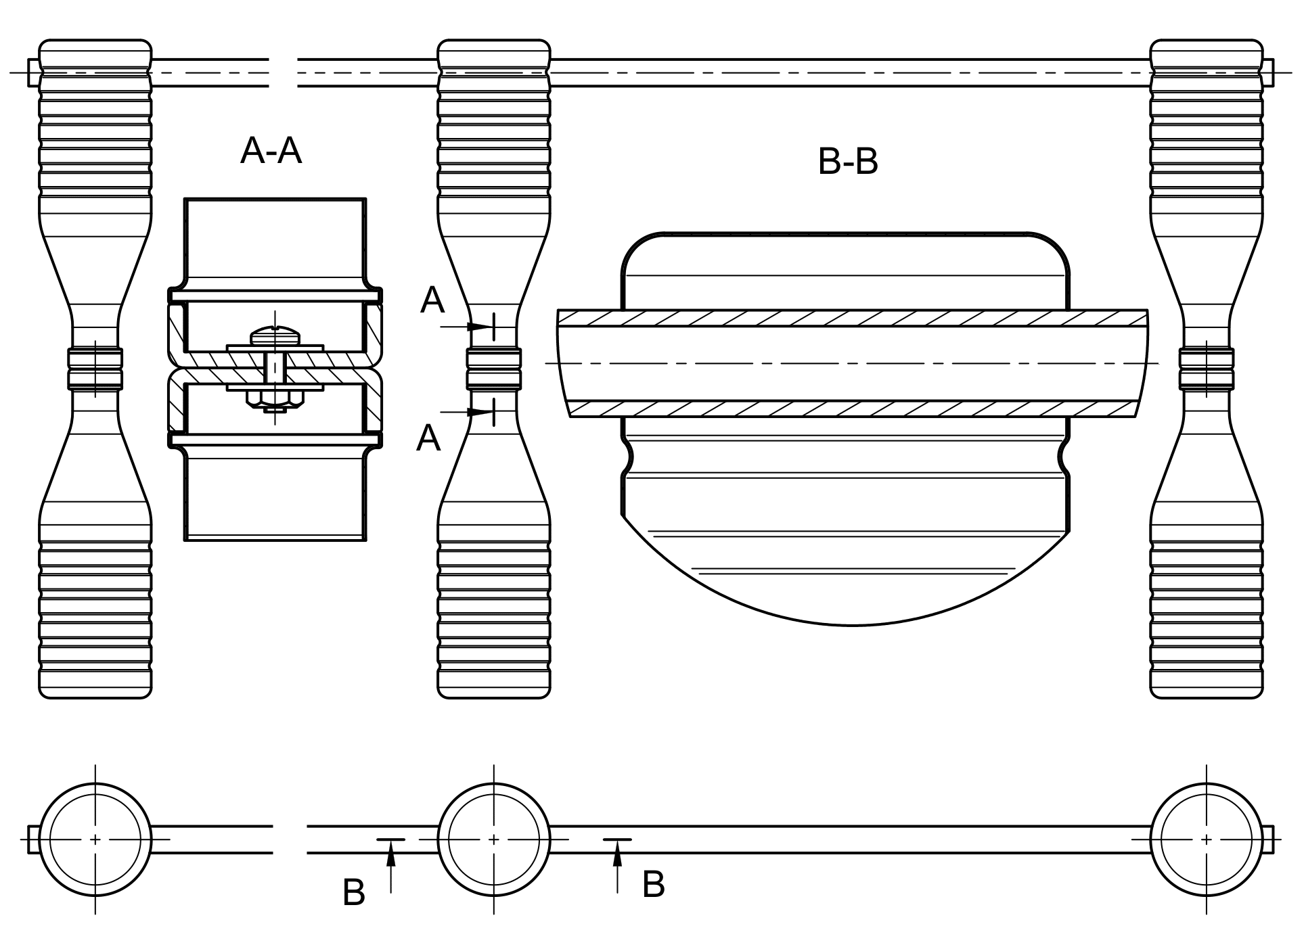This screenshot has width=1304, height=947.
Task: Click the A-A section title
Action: coord(271,150)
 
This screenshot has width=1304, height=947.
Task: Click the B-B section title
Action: coord(848,162)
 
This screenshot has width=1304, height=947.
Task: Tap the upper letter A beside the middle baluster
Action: coord(432,300)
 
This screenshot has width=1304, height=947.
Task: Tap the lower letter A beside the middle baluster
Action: coord(428,438)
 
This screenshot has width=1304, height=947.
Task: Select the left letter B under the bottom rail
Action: coord(354,893)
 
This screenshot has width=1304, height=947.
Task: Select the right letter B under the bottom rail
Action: coord(653,884)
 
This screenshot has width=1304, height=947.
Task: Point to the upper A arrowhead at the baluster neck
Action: coord(481,327)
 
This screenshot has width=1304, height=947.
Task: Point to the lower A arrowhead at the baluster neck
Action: coord(481,412)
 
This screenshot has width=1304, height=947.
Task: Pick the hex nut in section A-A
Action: coord(275,399)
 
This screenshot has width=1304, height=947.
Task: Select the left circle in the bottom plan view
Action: coord(95,839)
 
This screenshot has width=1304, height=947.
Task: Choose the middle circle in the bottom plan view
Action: coord(494,839)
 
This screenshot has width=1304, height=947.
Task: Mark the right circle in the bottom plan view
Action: coord(1207,839)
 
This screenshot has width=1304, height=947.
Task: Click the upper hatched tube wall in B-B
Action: coord(853,318)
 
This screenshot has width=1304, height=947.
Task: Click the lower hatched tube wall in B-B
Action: coord(853,409)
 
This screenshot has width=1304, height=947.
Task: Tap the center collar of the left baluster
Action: coord(95,369)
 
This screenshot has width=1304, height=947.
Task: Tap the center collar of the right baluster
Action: coord(1207,369)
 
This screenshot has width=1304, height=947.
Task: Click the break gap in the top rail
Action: coord(284,73)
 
